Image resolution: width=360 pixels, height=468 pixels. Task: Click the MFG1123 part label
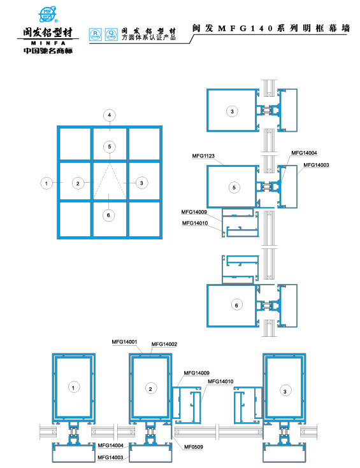pyautogui.click(x=202, y=155)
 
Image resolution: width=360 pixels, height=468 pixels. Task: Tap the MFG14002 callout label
pyautogui.click(x=164, y=344)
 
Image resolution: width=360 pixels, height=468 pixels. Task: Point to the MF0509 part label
pyautogui.click(x=194, y=447)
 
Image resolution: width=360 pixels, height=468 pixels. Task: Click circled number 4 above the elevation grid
pyautogui.click(x=110, y=115)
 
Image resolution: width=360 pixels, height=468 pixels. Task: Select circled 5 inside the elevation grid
pyautogui.click(x=110, y=146)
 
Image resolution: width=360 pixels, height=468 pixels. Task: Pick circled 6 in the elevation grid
pyautogui.click(x=109, y=215)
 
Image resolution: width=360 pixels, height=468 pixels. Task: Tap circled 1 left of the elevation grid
pyautogui.click(x=46, y=183)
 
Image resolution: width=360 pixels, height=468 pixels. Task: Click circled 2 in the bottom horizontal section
pyautogui.click(x=150, y=388)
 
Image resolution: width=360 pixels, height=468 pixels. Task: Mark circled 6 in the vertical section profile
pyautogui.click(x=236, y=306)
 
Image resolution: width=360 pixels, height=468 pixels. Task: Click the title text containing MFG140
pyautogui.click(x=271, y=29)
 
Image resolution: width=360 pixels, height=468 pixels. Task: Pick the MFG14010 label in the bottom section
pyautogui.click(x=220, y=381)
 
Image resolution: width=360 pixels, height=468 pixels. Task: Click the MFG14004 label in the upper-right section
pyautogui.click(x=304, y=153)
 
